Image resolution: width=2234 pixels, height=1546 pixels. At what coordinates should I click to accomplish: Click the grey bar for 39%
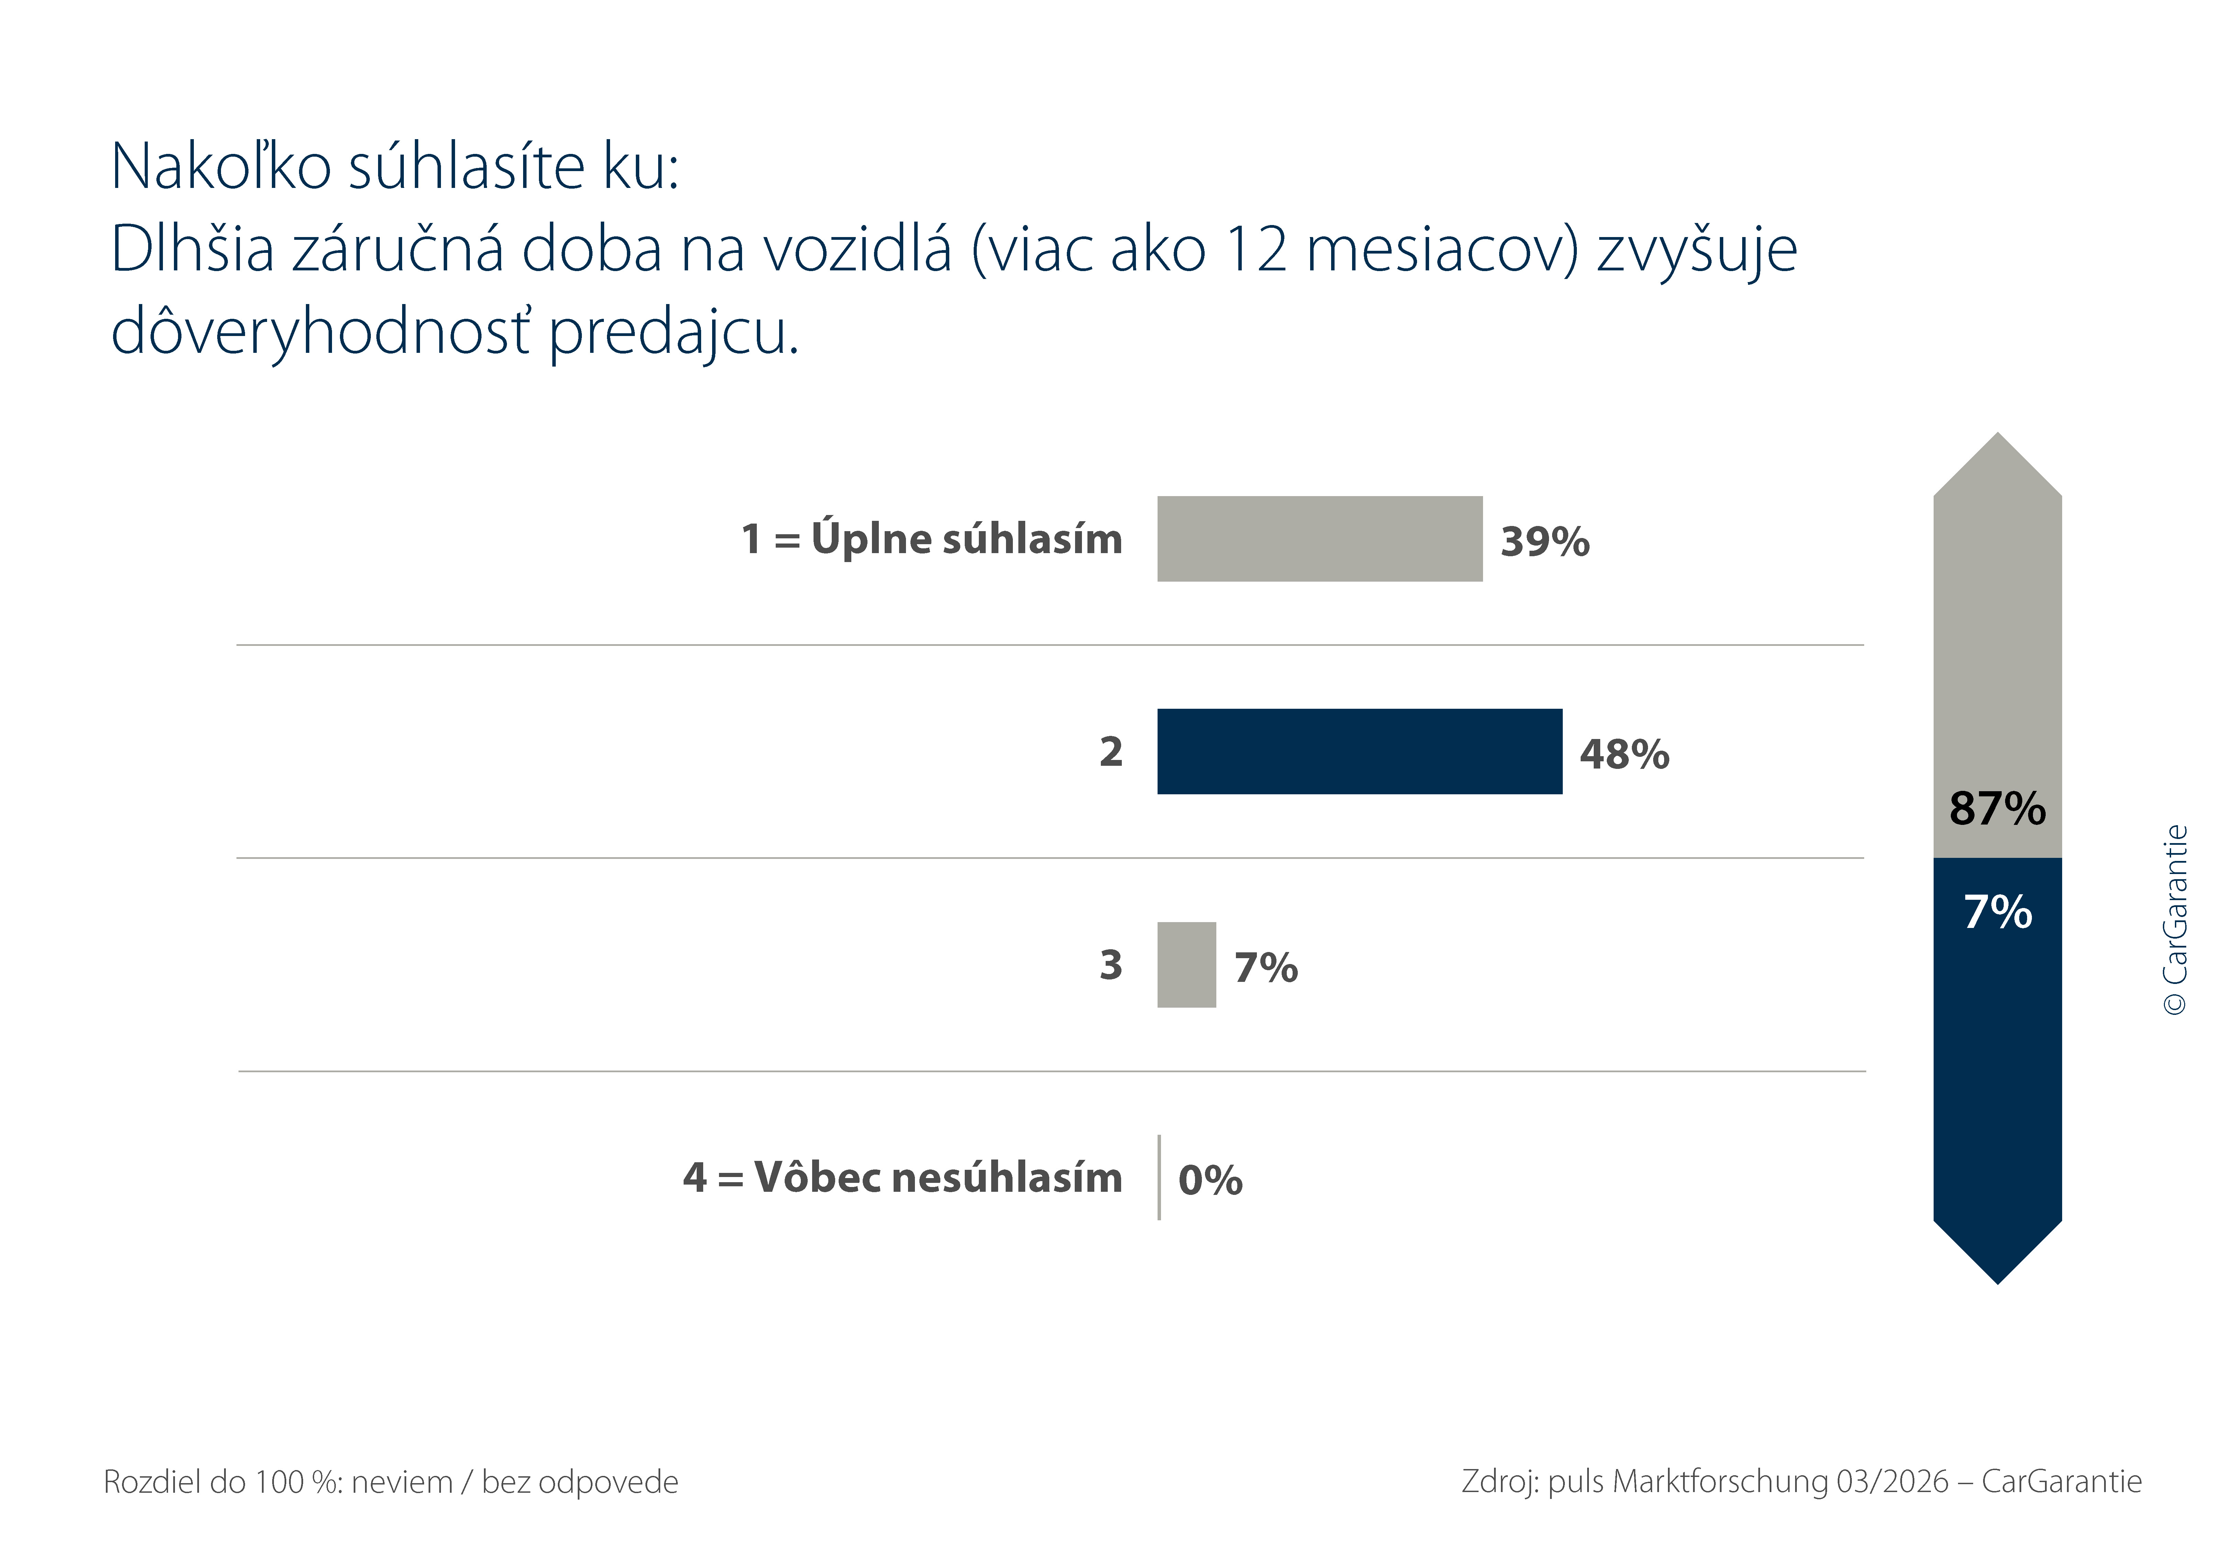pos(1319,539)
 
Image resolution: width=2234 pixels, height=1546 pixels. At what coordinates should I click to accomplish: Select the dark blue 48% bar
pos(1359,752)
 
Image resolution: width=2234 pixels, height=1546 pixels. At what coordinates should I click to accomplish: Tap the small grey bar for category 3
pos(1187,965)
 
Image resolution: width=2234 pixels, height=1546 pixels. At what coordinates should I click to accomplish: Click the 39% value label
pos(1545,541)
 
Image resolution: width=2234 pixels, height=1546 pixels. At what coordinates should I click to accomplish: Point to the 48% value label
pos(1625,754)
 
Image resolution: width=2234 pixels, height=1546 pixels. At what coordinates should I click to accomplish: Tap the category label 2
pos(1111,752)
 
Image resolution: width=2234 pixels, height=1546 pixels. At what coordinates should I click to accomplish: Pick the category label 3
pos(1111,965)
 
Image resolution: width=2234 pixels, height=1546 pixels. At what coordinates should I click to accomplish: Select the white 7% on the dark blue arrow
pos(1998,911)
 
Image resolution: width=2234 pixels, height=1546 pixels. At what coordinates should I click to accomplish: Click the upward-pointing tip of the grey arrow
pos(1998,433)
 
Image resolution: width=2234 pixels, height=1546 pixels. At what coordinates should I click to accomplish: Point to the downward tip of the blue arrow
pos(1998,1284)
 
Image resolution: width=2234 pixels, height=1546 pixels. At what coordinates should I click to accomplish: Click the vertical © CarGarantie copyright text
pos(2175,919)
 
